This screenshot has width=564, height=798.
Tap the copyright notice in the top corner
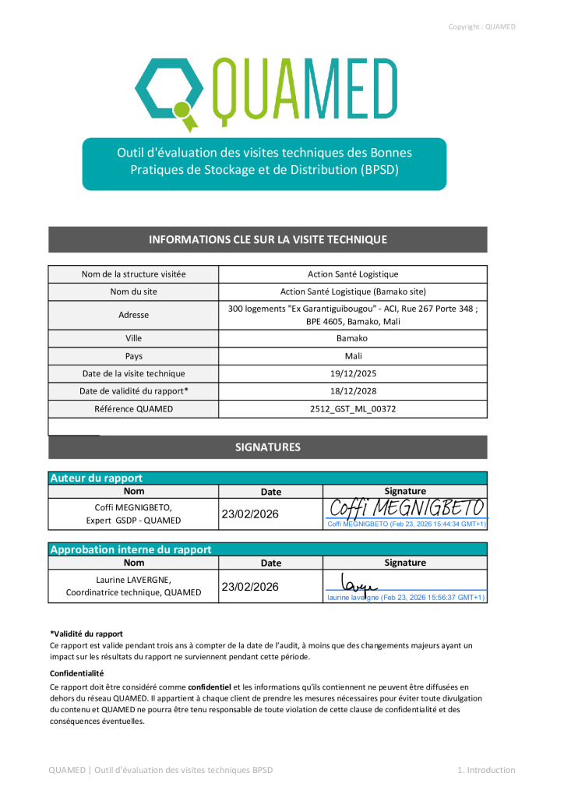point(481,26)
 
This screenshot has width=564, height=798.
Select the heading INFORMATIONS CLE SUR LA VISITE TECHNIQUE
point(267,239)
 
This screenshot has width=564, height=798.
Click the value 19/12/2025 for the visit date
point(353,373)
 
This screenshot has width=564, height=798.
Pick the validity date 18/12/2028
point(353,390)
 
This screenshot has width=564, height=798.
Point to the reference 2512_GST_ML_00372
point(353,408)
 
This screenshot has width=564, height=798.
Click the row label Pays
point(133,355)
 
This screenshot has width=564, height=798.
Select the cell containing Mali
point(353,355)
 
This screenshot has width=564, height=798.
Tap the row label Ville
point(133,338)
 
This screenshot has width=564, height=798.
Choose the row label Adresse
point(133,315)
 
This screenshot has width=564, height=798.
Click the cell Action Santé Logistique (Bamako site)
point(353,291)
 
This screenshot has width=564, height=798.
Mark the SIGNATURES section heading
point(267,447)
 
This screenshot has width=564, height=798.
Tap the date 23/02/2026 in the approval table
point(250,587)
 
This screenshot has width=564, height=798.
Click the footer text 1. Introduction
point(486,770)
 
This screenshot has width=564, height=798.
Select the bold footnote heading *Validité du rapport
point(86,634)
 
